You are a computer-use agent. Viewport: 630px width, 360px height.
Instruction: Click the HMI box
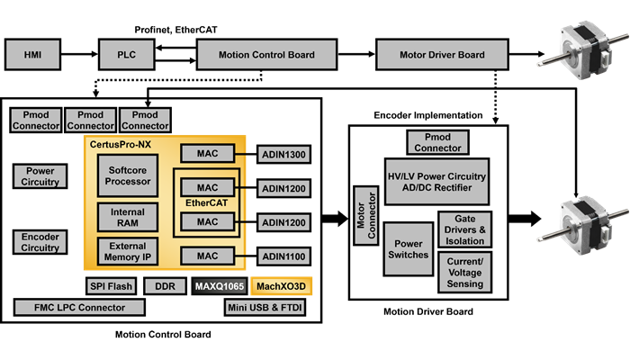click(x=32, y=55)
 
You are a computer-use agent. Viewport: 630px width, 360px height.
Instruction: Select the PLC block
click(x=127, y=55)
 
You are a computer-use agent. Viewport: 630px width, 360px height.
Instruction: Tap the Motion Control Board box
click(x=266, y=55)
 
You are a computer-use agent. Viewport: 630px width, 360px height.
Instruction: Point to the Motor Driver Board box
click(x=442, y=55)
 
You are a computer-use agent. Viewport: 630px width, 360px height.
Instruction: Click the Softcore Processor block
click(x=127, y=175)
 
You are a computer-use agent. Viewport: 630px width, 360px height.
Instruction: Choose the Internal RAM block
click(x=127, y=216)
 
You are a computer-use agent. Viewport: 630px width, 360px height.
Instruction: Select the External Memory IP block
click(x=127, y=251)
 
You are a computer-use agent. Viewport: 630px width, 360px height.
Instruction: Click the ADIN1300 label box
click(x=283, y=154)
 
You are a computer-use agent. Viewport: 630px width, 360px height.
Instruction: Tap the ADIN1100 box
click(x=283, y=257)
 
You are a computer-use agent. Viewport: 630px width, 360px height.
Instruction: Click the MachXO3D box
click(x=281, y=286)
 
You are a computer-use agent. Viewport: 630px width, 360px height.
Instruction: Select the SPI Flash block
click(x=111, y=286)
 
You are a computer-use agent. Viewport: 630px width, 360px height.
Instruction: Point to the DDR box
click(x=165, y=286)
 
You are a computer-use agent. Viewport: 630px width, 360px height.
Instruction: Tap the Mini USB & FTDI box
click(x=267, y=308)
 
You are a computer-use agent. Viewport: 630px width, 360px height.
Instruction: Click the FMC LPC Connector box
click(x=80, y=308)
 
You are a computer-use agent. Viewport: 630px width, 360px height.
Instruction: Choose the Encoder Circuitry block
click(x=40, y=242)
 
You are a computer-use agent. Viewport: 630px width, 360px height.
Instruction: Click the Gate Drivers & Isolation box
click(x=464, y=231)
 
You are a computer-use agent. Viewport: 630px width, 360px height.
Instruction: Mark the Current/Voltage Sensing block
click(x=464, y=272)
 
